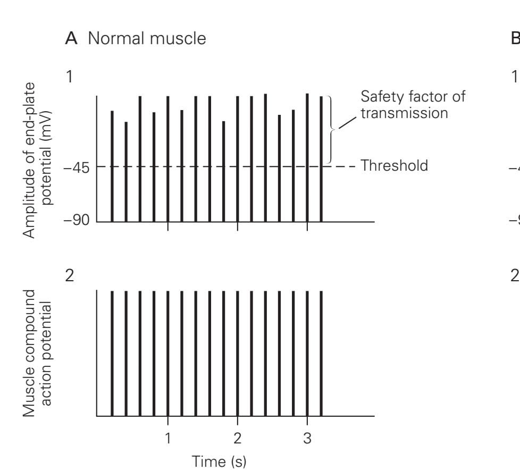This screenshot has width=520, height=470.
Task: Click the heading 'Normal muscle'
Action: [x=147, y=38]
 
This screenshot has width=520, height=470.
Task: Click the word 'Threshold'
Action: [x=394, y=165]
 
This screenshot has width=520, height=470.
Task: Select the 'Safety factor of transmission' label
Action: [x=413, y=105]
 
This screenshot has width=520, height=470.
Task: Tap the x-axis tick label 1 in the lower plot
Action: [x=168, y=439]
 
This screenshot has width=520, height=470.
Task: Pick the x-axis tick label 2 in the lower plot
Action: [x=238, y=439]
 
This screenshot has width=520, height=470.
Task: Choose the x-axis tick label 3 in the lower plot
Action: [x=307, y=439]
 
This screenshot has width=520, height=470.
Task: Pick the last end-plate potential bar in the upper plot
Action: [x=321, y=159]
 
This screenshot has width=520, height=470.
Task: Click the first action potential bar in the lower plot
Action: [x=112, y=354]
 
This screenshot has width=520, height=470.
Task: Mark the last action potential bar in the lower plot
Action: [x=321, y=354]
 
